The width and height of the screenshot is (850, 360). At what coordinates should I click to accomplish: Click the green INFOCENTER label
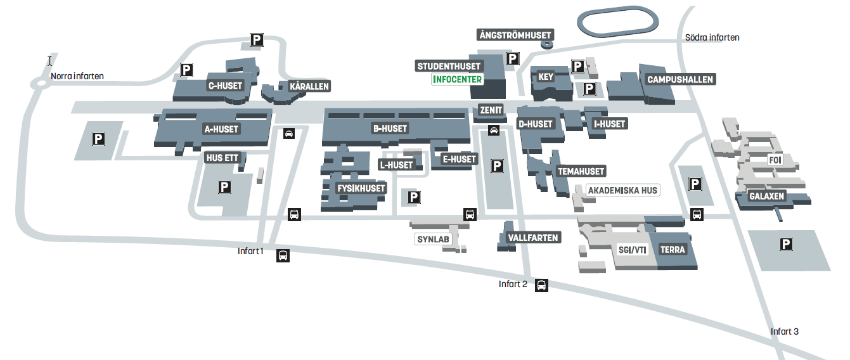457,79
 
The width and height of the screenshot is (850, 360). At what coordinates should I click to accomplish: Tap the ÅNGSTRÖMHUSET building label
515,35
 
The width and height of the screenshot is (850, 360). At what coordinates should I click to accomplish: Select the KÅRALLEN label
309,86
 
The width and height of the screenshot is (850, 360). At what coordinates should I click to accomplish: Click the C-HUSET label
225,86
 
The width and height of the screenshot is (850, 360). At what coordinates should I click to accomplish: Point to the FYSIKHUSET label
361,188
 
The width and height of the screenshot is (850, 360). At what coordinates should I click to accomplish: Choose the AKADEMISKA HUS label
622,190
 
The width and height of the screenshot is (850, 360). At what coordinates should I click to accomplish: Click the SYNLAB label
433,240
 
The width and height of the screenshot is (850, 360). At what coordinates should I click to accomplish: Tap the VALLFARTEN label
533,238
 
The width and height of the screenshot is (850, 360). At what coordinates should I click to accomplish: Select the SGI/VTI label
632,250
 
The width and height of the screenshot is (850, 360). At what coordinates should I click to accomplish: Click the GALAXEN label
766,196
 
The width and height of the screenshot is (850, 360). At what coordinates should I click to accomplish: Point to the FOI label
775,160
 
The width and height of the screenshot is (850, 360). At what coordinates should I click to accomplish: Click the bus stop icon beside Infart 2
541,285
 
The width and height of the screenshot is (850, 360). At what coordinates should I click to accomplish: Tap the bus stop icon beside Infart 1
283,255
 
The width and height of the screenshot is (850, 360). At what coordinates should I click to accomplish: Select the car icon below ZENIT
494,131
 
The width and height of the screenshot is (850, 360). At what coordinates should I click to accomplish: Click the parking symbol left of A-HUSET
98,139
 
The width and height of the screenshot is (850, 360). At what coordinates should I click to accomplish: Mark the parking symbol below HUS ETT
224,187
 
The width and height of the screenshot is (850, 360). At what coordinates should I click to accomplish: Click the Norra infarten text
77,76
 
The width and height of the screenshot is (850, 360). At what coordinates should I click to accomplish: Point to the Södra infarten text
712,37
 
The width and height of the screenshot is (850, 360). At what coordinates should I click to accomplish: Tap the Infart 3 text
784,331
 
